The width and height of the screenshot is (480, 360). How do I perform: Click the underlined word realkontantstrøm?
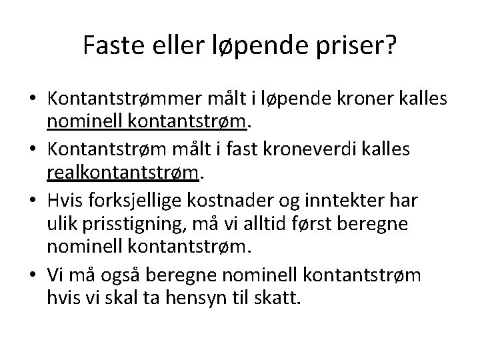123,174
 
